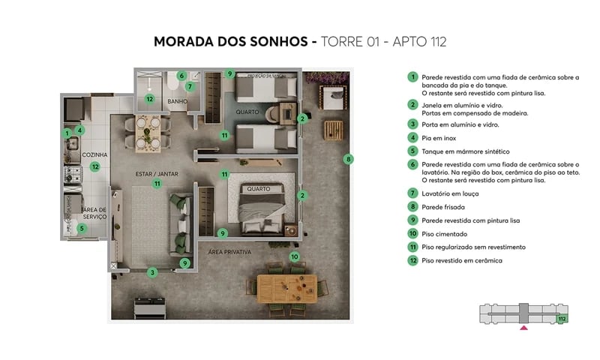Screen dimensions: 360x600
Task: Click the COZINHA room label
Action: pos(96,154)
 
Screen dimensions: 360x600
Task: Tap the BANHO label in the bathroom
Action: pos(177,101)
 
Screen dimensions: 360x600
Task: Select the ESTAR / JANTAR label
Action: pos(156,172)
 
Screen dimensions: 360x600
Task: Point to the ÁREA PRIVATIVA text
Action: pos(229,251)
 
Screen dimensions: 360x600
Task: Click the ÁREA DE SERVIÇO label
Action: pos(94,213)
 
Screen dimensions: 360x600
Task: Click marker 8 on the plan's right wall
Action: pos(348,158)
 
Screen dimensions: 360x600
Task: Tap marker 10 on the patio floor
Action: pos(295,256)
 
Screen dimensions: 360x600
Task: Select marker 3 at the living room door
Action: pos(152,272)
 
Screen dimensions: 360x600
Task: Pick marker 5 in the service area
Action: pos(82,228)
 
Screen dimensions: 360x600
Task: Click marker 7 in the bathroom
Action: pos(190,86)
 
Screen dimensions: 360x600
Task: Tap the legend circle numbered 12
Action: pos(412,260)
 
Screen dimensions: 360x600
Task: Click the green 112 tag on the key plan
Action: pos(562,319)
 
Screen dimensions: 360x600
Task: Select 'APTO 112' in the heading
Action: pos(415,41)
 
